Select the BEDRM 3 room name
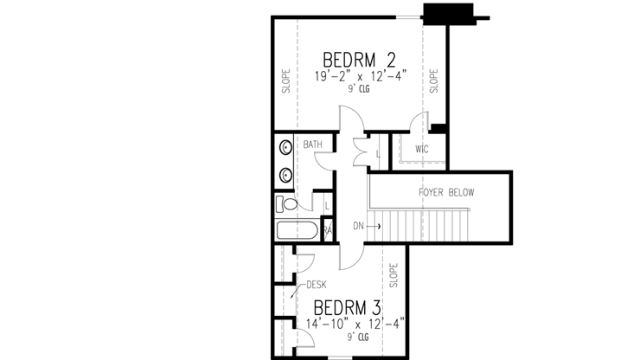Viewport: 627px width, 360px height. [x=348, y=308]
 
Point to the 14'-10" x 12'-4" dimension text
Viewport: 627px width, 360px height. [x=355, y=325]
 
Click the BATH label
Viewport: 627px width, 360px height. [x=311, y=145]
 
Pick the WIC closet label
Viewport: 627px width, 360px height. [x=421, y=149]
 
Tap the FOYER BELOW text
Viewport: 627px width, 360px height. [x=445, y=192]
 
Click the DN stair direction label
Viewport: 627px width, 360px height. [x=357, y=227]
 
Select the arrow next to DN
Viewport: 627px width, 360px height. [x=374, y=227]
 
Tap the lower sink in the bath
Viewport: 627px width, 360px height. [x=285, y=175]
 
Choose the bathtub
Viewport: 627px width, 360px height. [x=297, y=231]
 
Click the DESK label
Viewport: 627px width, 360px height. [x=315, y=282]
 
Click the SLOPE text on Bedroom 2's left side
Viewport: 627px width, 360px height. [x=285, y=80]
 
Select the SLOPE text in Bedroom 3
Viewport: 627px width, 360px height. [x=393, y=276]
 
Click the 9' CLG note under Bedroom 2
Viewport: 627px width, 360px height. [x=359, y=89]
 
